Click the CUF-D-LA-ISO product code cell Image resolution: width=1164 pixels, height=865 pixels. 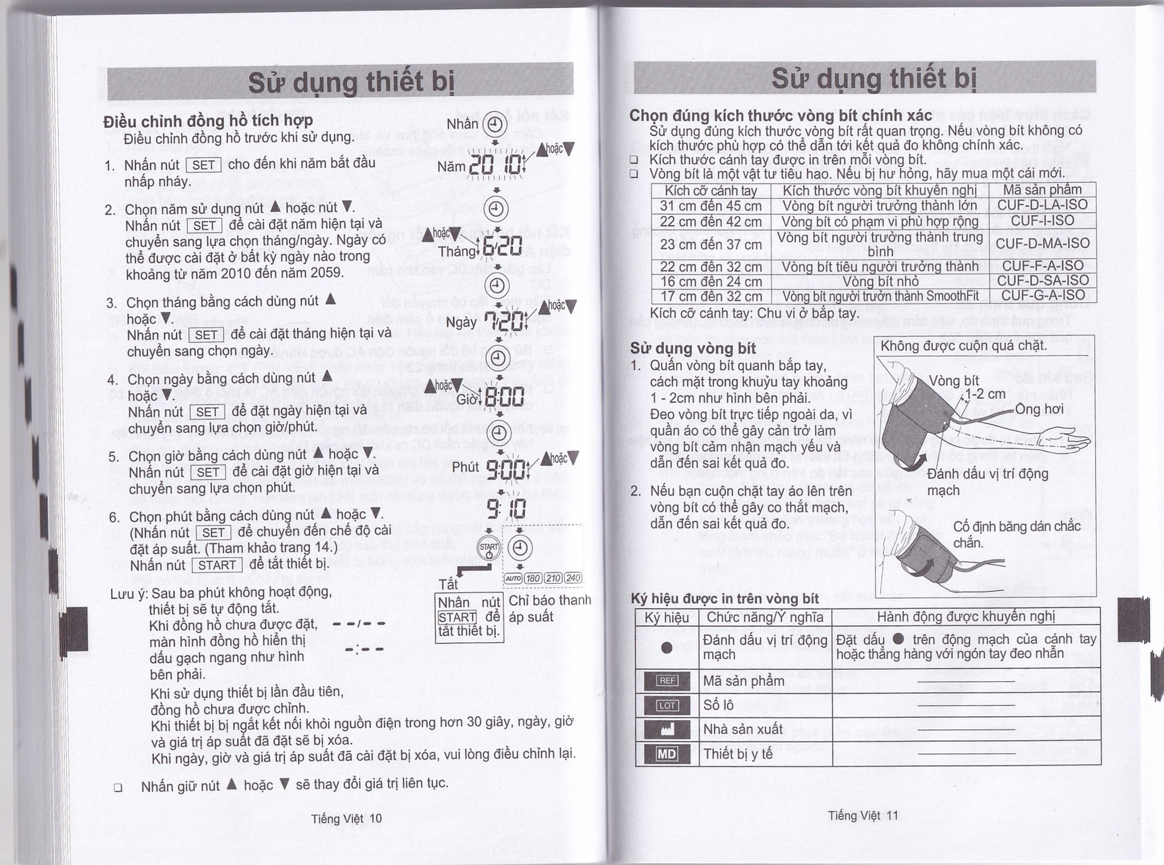point(1042,205)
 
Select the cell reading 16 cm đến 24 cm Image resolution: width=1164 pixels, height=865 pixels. point(711,282)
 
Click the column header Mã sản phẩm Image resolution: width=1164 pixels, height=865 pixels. point(1042,189)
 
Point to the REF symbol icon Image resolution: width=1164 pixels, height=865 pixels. point(667,681)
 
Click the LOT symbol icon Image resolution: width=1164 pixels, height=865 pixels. point(667,705)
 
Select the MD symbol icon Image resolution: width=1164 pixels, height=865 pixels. point(667,754)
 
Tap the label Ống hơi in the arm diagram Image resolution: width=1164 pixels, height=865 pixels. point(1039,408)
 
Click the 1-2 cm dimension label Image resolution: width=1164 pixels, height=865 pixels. point(985,394)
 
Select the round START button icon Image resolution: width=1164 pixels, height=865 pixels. point(488,548)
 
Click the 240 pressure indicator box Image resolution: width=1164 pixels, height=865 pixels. point(573,578)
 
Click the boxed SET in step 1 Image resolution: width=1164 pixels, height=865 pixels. point(203,165)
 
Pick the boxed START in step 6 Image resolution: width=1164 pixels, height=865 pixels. point(216,565)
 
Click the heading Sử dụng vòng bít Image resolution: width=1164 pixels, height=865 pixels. point(692,348)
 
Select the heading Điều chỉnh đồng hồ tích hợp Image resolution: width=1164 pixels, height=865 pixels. point(208,121)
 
